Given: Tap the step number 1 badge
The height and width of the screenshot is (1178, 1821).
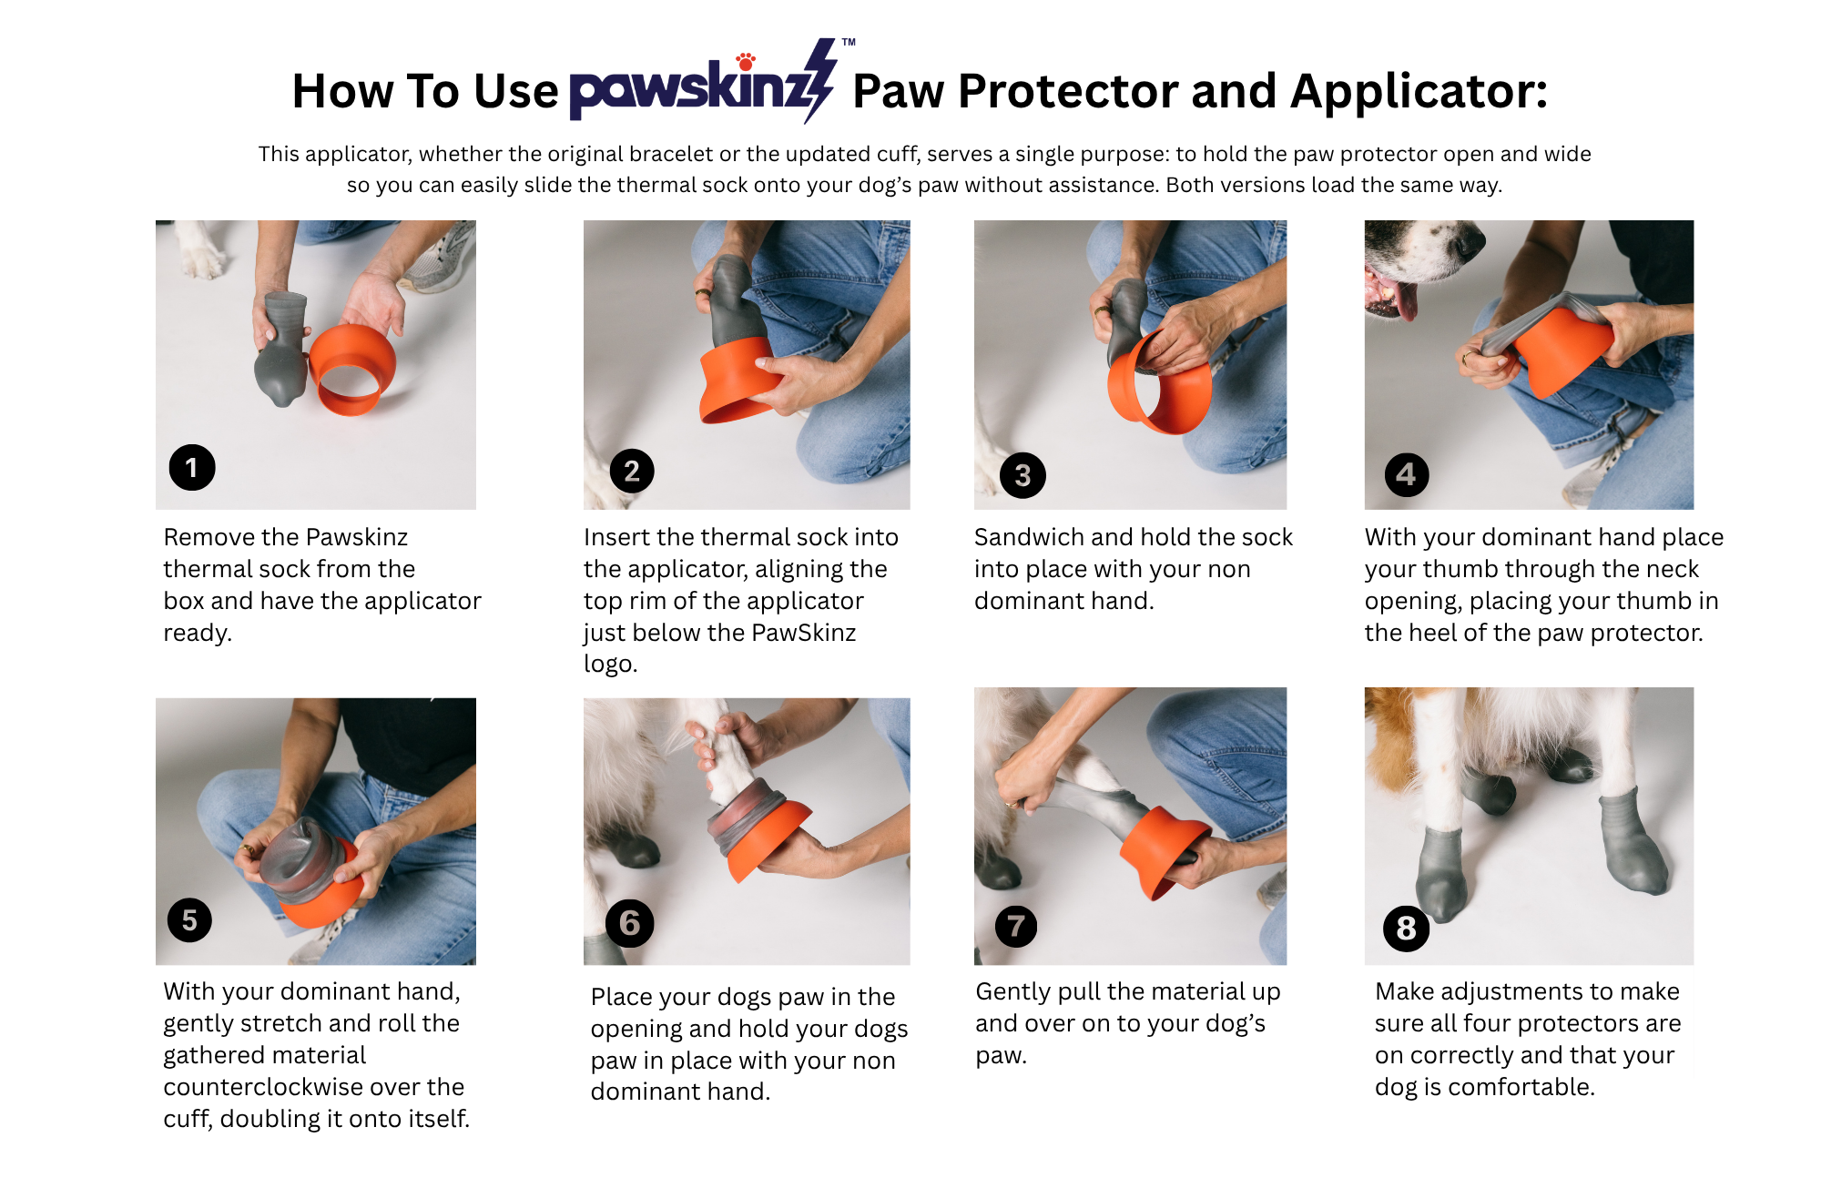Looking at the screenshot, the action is [192, 468].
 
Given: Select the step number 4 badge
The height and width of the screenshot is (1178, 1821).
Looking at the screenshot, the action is [1407, 474].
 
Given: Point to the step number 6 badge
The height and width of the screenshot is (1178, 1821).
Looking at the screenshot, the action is [630, 923].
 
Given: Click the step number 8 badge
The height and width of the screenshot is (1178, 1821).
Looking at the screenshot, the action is [1407, 928].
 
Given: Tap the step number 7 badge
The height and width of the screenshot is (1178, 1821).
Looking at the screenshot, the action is [1016, 926].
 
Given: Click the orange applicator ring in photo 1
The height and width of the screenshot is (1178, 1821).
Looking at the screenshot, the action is [352, 369].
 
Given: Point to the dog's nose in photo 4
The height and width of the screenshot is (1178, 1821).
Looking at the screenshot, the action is [1468, 239].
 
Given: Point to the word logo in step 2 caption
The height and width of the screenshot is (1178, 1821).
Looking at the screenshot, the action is [610, 665].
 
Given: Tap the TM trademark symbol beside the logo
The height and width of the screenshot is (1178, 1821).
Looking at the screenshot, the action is [849, 42].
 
